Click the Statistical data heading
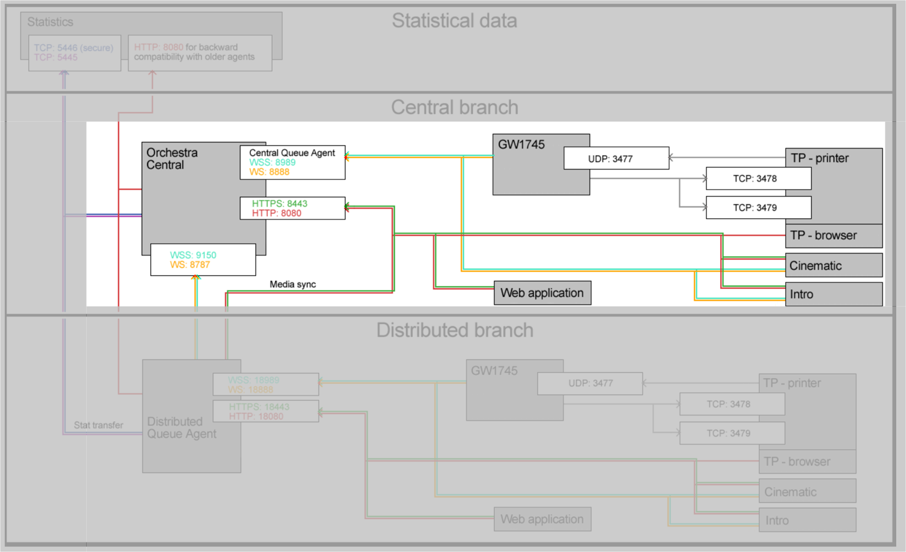pyautogui.click(x=454, y=21)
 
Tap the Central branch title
pyautogui.click(x=454, y=107)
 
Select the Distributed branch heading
pyautogui.click(x=454, y=330)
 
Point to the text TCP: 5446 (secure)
pyautogui.click(x=74, y=48)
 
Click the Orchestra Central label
pyautogui.click(x=172, y=159)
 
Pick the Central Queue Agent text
pyautogui.click(x=292, y=153)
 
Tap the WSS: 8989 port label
pyautogui.click(x=272, y=163)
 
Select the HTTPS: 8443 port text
pyautogui.click(x=279, y=204)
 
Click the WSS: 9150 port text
pyautogui.click(x=193, y=255)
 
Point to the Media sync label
pyautogui.click(x=293, y=284)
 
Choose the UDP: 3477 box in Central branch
pyautogui.click(x=616, y=159)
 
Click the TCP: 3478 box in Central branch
pyautogui.click(x=758, y=179)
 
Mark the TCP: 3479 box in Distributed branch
pyautogui.click(x=732, y=433)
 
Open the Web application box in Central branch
pyautogui.click(x=542, y=293)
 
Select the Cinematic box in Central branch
pyautogui.click(x=833, y=265)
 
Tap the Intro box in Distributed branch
pyautogui.click(x=807, y=520)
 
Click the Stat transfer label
pyautogui.click(x=99, y=425)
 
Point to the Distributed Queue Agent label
pyautogui.click(x=182, y=428)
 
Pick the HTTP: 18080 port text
pyautogui.click(x=256, y=417)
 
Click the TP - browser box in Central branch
pyautogui.click(x=833, y=236)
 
